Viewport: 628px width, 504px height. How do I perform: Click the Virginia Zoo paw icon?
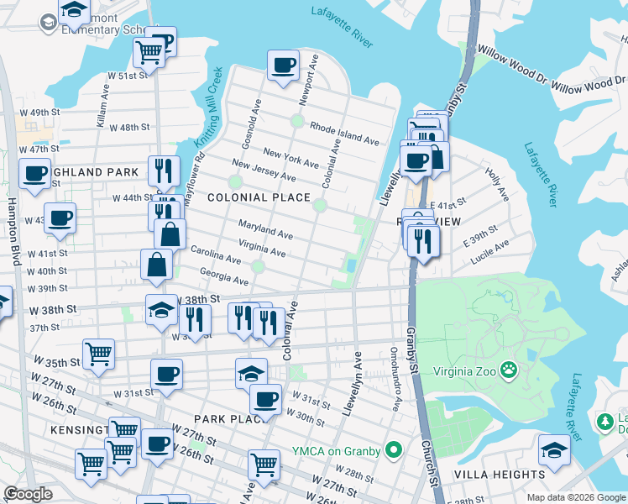[508, 370]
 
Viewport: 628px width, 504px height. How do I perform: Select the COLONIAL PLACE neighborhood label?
[258, 197]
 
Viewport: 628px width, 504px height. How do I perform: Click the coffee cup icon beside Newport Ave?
[283, 66]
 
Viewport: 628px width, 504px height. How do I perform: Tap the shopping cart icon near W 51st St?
[149, 53]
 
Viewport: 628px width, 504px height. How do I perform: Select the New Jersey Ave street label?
[264, 171]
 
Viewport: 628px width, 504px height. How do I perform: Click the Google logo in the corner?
[29, 494]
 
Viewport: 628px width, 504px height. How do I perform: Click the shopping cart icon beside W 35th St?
[99, 354]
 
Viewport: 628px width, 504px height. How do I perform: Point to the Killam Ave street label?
[103, 110]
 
